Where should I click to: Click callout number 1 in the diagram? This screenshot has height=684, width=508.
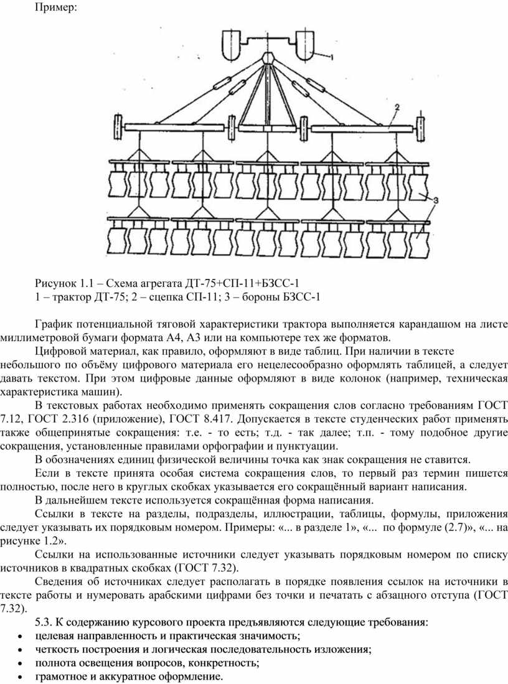[x=331, y=57]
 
